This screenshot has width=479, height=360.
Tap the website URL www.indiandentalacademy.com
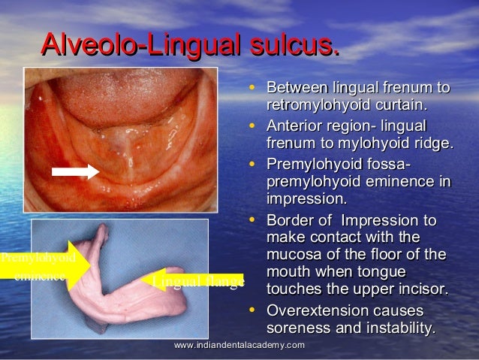pyautogui.click(x=239, y=345)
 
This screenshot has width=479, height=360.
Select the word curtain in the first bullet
pyautogui.click(x=400, y=103)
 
